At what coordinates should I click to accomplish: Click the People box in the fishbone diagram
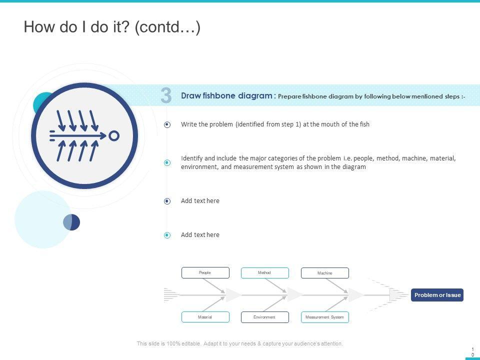pos(205,273)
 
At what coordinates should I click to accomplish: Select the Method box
pos(265,273)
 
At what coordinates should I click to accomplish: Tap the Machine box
pos(325,273)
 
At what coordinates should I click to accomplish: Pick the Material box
pos(205,317)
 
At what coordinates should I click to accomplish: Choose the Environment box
pos(265,317)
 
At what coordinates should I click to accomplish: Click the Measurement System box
pos(325,317)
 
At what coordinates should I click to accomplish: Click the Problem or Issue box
pos(437,295)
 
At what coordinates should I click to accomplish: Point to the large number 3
pos(166,95)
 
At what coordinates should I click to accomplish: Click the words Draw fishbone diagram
pos(226,95)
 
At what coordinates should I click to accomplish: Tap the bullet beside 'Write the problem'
pos(167,124)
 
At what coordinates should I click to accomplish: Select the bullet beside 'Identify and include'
pos(167,162)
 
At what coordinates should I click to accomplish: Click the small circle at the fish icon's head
pos(114,136)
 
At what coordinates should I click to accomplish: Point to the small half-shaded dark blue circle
pos(71,222)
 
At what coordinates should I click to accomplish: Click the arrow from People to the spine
pos(214,285)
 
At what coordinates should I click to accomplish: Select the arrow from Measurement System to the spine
pos(336,304)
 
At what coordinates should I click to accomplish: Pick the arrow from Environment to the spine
pos(275,304)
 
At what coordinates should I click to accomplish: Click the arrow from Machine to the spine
pos(336,285)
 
